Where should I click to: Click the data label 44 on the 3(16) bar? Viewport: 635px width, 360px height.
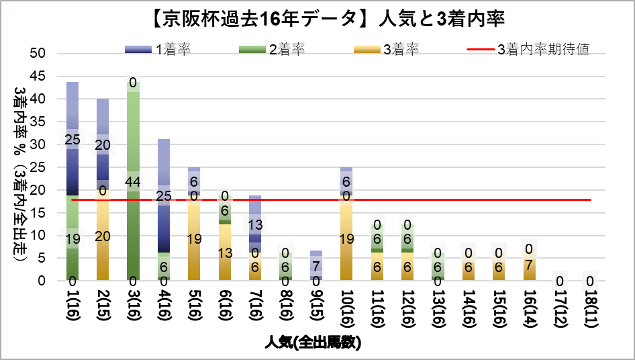[x=133, y=181]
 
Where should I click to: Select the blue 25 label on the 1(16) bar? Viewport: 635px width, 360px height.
[x=72, y=140]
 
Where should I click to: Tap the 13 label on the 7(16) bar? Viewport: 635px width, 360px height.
[x=255, y=225]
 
